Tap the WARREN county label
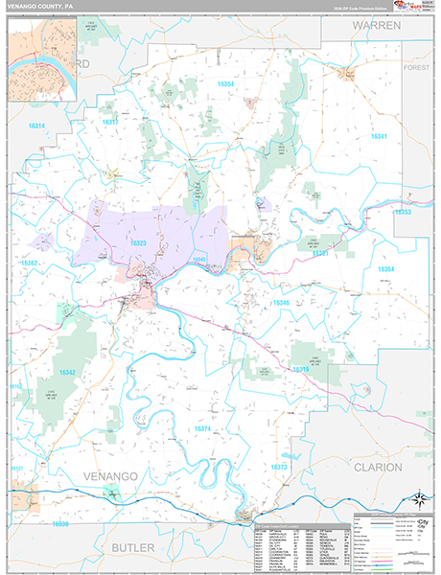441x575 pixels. [x=377, y=26]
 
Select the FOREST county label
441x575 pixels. [x=417, y=68]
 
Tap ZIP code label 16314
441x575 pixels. [x=37, y=126]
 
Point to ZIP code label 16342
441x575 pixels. [x=67, y=372]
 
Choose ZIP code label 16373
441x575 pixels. [x=279, y=467]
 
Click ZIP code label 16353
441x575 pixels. [x=403, y=212]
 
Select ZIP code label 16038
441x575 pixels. [x=62, y=524]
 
